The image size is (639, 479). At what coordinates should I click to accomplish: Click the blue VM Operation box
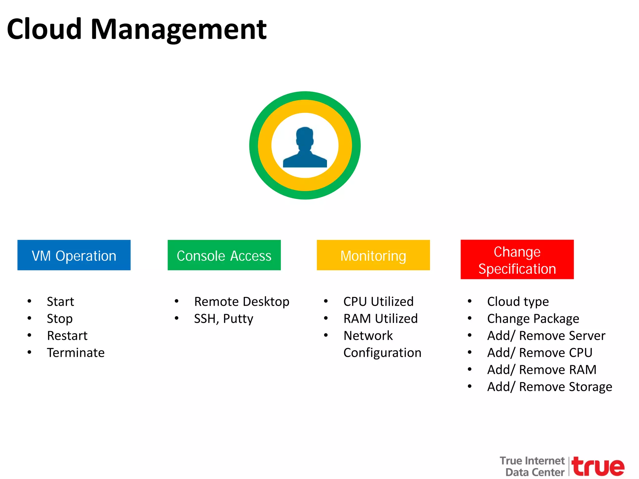tap(74, 255)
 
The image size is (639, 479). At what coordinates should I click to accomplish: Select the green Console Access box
tap(224, 255)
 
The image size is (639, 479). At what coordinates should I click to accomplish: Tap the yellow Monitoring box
tap(373, 255)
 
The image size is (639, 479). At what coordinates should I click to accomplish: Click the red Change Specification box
tap(517, 259)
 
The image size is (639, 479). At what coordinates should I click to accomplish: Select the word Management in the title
tap(178, 29)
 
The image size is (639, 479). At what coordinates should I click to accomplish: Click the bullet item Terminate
tap(76, 353)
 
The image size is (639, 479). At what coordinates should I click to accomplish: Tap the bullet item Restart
tap(67, 336)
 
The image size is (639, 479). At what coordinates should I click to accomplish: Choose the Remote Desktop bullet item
tap(241, 302)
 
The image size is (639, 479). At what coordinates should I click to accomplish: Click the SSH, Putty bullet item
tap(223, 319)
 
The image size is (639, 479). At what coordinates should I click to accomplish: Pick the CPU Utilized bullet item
tap(378, 302)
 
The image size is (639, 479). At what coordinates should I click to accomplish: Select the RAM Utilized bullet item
tap(380, 319)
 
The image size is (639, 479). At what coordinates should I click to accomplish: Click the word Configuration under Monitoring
tap(382, 353)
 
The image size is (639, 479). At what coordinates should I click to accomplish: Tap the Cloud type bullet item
tap(518, 302)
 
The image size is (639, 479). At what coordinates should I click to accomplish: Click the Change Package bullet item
tap(533, 319)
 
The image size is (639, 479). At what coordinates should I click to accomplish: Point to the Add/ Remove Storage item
tap(549, 387)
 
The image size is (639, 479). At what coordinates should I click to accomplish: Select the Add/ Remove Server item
tap(546, 336)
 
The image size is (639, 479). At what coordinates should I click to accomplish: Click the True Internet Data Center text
tap(532, 467)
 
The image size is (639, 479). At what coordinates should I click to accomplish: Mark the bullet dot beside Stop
tap(29, 318)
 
